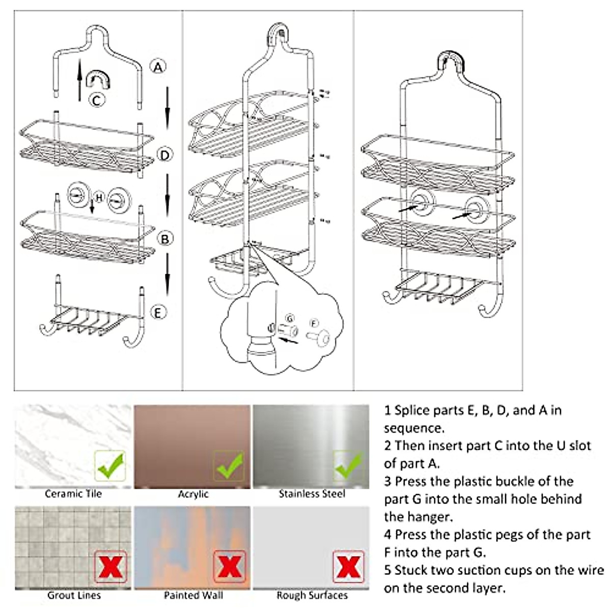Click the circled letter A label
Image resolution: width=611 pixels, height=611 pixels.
click(x=158, y=67)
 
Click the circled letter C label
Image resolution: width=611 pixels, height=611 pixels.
click(x=97, y=100)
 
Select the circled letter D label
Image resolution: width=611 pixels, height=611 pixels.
click(x=164, y=155)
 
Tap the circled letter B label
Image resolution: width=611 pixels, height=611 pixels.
click(x=165, y=238)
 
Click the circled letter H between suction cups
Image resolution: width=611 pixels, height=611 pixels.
click(x=99, y=197)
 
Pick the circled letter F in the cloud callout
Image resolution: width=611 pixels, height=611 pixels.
click(x=314, y=323)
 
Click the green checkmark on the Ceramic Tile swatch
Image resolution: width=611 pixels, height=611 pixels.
click(x=110, y=466)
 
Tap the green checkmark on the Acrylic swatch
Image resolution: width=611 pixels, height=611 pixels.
click(x=229, y=465)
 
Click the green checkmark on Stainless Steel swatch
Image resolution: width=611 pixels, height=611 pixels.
click(x=348, y=465)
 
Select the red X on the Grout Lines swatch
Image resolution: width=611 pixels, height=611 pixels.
click(x=110, y=566)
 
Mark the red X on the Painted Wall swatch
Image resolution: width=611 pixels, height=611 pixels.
click(x=229, y=566)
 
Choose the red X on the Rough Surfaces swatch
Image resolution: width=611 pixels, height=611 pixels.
click(x=348, y=566)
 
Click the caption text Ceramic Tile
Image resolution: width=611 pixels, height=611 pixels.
click(x=73, y=494)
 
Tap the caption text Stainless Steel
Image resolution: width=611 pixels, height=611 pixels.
click(x=312, y=494)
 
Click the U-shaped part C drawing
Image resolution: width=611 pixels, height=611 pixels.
click(x=98, y=80)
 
